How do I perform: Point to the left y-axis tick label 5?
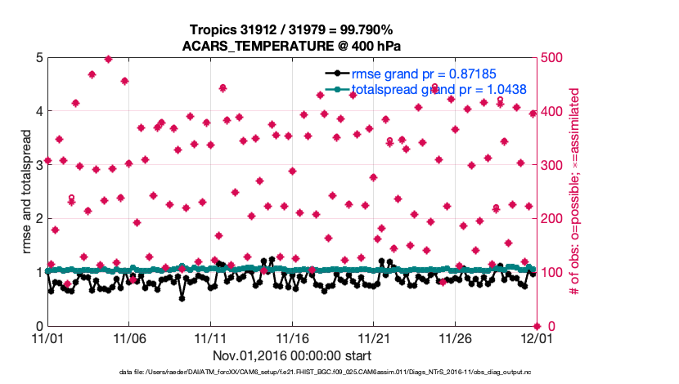(x=38, y=58)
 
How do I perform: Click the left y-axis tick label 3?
(x=38, y=165)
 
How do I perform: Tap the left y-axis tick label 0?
(x=38, y=326)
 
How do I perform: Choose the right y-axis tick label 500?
(x=551, y=58)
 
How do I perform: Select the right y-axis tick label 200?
(x=551, y=219)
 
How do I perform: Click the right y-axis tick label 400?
(x=551, y=111)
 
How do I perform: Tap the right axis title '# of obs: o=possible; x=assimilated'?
(x=574, y=192)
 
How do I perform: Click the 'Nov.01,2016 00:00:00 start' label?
(x=292, y=355)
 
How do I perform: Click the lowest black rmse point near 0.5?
(x=182, y=298)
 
